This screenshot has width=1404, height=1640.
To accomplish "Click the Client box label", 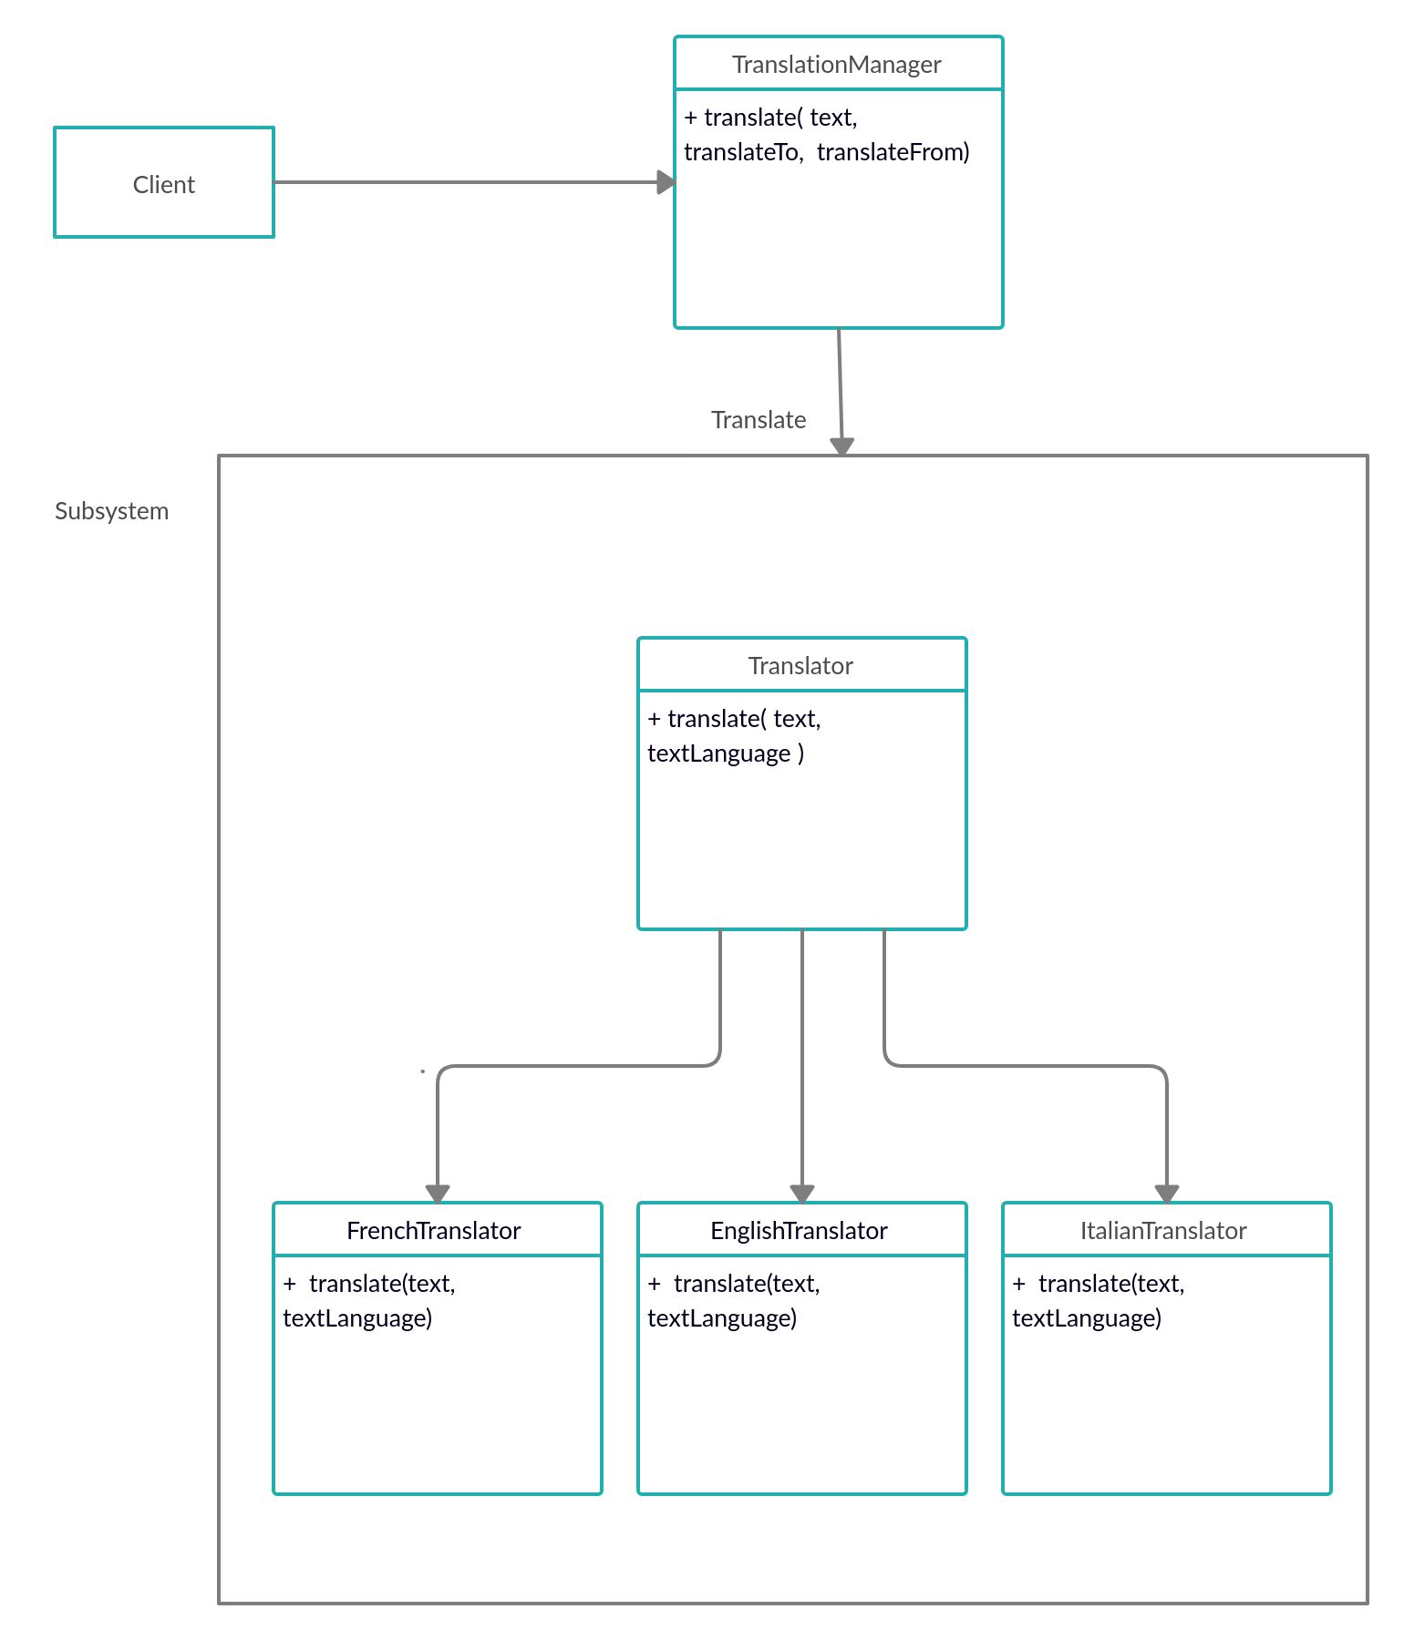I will tap(164, 185).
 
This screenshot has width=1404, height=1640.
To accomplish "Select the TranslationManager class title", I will tap(836, 65).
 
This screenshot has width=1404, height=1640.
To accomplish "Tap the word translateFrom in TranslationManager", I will tap(891, 152).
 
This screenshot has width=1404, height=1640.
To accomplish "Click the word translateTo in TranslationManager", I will tap(742, 152).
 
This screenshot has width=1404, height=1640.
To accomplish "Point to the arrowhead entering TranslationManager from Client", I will tap(666, 182).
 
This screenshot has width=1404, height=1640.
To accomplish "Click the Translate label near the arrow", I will tap(759, 420).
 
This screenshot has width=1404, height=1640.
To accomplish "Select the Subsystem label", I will tap(111, 511).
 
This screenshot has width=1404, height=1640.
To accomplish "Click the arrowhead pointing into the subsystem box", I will tap(841, 446).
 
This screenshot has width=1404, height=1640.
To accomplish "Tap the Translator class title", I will tap(800, 666).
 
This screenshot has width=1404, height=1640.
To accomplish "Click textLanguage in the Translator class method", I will tap(719, 753).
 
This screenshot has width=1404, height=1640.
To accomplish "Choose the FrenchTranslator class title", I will tap(434, 1231).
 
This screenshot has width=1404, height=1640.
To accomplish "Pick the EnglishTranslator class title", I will tap(799, 1231).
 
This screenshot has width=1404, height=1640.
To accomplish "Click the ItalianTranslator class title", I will tap(1163, 1231).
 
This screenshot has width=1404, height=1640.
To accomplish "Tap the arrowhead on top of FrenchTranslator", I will tap(438, 1194).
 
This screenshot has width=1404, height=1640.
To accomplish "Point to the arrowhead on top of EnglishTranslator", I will tap(802, 1194).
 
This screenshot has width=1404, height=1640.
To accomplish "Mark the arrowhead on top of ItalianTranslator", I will tap(1167, 1194).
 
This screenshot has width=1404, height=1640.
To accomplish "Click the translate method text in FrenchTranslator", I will tap(382, 1284).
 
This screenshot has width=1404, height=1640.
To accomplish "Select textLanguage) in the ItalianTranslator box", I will tap(1087, 1318).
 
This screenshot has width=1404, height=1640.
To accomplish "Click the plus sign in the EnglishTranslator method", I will tap(654, 1284).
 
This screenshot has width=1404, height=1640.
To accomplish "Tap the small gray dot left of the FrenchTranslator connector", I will tap(423, 1071).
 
